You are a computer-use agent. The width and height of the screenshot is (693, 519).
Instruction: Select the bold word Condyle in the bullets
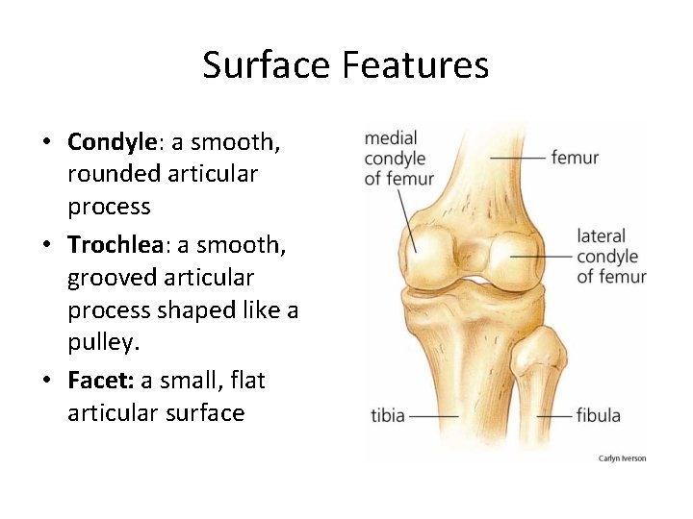click(x=112, y=142)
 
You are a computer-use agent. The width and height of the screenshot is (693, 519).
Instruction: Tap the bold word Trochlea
click(x=116, y=246)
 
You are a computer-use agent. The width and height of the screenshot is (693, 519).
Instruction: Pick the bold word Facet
click(x=100, y=381)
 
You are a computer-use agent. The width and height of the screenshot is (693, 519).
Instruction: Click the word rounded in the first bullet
click(x=113, y=175)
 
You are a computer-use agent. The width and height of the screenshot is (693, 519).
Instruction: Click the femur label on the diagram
click(x=575, y=158)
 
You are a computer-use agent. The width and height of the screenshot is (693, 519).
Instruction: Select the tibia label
click(x=388, y=416)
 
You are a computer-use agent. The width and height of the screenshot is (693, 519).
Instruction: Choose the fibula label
click(x=598, y=416)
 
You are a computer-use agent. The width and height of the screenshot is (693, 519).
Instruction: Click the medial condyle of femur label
click(x=398, y=158)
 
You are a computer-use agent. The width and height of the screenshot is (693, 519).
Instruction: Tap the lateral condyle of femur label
click(x=611, y=257)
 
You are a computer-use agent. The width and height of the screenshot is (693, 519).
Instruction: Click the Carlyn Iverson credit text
click(x=622, y=458)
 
